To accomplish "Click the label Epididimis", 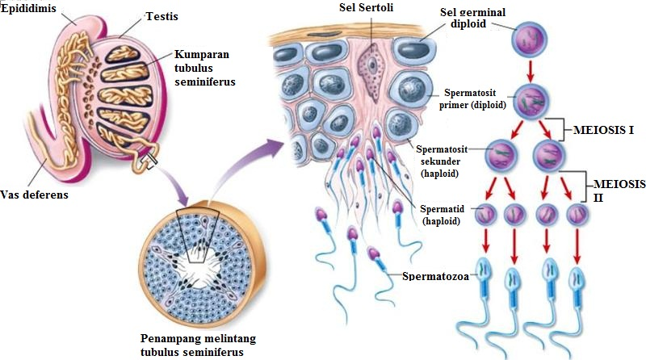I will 26,7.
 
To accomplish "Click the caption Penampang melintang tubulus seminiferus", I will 191,345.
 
